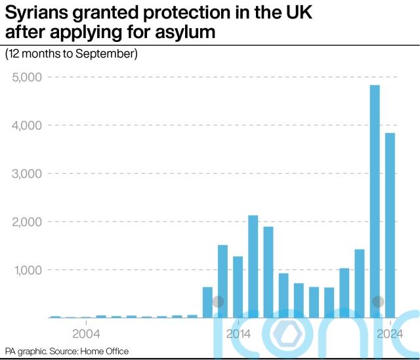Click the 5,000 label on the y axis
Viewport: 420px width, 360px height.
[27, 77]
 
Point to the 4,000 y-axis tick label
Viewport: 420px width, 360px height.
[27, 125]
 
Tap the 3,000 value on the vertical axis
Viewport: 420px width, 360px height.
[27, 174]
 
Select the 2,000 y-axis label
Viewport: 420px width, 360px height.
[27, 222]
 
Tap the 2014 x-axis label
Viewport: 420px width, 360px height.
[238, 333]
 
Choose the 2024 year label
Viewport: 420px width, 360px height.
[390, 333]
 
